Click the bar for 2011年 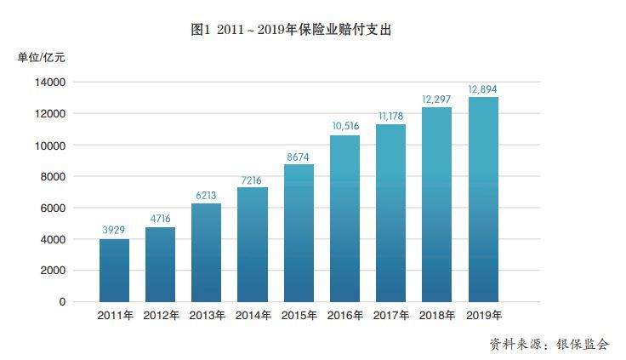coord(114,270)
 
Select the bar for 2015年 coord(299,232)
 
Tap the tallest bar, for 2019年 coord(482,199)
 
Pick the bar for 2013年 coord(207,252)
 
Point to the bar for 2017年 coord(390,213)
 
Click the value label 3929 coord(114,231)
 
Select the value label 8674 coord(299,156)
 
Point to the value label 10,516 coord(344,126)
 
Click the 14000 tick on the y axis coord(50,83)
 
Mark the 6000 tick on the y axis coord(53,208)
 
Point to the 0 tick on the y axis coord(61,302)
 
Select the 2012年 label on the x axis coord(161,316)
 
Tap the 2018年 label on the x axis coord(436,316)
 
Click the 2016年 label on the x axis coord(344,316)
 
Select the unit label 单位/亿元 coord(41,58)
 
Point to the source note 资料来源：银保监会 coord(549,345)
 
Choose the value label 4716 coord(161,219)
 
